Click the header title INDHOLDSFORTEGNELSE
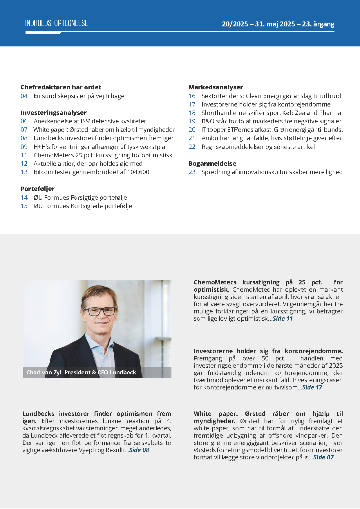[x=57, y=23]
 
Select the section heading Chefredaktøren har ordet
[x=61, y=87]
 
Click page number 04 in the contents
[x=24, y=96]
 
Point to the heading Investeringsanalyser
[x=54, y=113]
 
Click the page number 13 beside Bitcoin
[x=24, y=172]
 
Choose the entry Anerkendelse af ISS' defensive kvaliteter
[x=90, y=121]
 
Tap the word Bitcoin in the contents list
[x=43, y=172]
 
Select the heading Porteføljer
[x=37, y=189]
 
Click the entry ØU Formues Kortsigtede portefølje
[x=83, y=206]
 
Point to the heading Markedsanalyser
[x=216, y=87]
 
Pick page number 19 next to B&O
[x=192, y=121]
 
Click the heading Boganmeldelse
[x=212, y=163]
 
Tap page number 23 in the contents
[x=192, y=172]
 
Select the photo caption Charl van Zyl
[x=81, y=372]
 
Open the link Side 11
[x=283, y=319]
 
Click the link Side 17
[x=312, y=387]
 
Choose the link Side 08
[x=139, y=450]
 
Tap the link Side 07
[x=323, y=457]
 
